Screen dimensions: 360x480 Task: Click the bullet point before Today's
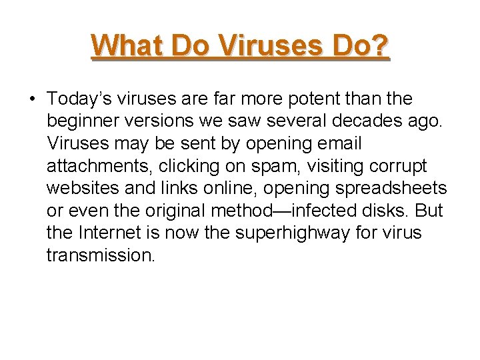click(31, 99)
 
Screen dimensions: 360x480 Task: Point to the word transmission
click(101, 255)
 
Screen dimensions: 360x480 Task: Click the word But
click(428, 211)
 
